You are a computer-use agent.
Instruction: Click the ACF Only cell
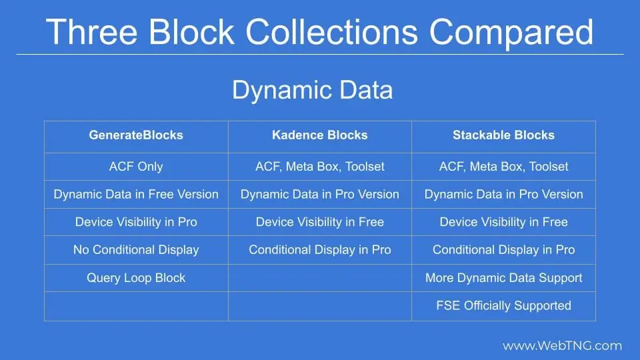click(136, 167)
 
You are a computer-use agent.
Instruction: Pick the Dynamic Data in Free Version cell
click(136, 194)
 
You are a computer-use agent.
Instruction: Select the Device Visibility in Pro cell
click(136, 222)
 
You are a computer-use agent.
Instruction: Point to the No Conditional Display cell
click(136, 250)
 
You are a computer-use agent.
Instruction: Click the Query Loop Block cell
click(136, 278)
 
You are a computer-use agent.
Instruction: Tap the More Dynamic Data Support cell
click(503, 278)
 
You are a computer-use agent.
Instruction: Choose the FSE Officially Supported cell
click(503, 306)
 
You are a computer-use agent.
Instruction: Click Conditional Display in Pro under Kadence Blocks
click(319, 250)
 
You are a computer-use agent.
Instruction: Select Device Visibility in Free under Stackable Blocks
click(503, 222)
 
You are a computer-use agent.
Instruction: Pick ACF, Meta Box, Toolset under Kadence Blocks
click(319, 167)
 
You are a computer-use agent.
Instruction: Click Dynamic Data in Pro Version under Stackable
click(503, 194)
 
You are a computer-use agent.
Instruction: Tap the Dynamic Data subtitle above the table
click(312, 90)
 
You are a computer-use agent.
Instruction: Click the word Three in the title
click(91, 32)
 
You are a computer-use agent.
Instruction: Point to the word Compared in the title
click(511, 33)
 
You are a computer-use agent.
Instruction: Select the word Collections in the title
click(331, 32)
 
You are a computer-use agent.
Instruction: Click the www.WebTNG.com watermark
click(562, 346)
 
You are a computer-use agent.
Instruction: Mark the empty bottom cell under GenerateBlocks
click(136, 306)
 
